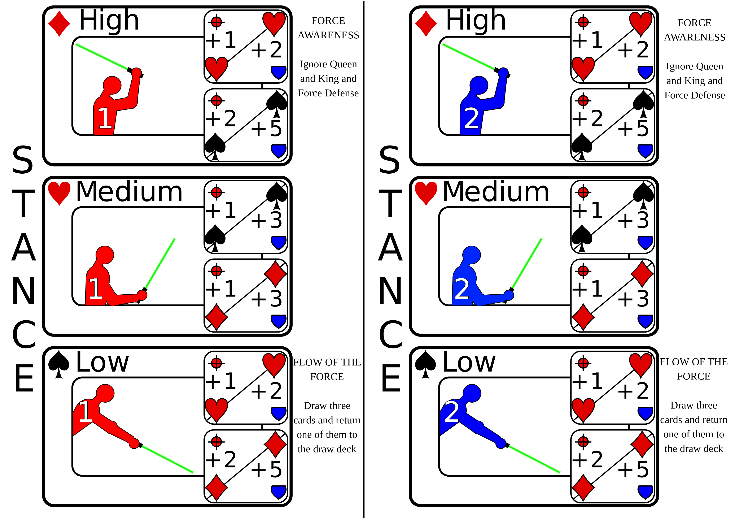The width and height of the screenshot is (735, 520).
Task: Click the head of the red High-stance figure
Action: (112, 85)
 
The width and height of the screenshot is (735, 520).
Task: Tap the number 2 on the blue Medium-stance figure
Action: (462, 289)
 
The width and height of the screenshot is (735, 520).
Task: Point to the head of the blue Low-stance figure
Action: (472, 393)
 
